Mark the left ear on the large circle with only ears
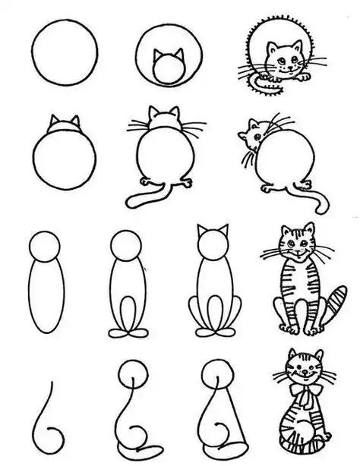54,122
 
